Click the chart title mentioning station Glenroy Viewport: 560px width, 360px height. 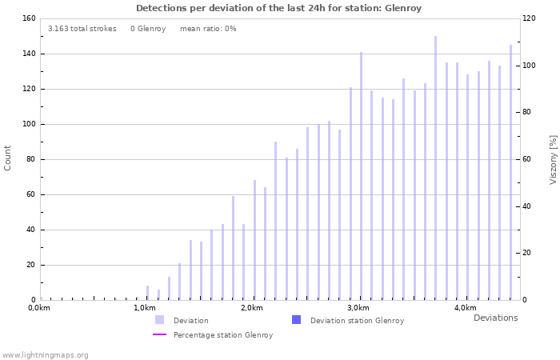pyautogui.click(x=278, y=8)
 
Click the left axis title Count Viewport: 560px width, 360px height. pyautogui.click(x=8, y=158)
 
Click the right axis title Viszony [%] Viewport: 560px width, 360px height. pyautogui.click(x=552, y=159)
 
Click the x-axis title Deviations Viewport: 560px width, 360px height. pyautogui.click(x=495, y=318)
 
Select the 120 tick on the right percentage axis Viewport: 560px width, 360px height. pyautogui.click(x=529, y=18)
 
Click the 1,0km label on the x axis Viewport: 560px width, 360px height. pyautogui.click(x=145, y=308)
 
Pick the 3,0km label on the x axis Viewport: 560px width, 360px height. pyautogui.click(x=358, y=308)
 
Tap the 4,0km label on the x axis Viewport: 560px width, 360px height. pyautogui.click(x=465, y=308)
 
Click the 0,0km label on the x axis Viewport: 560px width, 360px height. pyautogui.click(x=39, y=308)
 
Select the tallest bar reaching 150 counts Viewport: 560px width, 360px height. pyautogui.click(x=436, y=168)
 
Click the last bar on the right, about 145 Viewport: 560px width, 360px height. pyautogui.click(x=510, y=172)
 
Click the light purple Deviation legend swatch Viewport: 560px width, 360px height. pyautogui.click(x=160, y=320)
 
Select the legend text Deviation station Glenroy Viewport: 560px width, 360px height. pyautogui.click(x=357, y=320)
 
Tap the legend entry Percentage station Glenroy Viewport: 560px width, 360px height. pyautogui.click(x=223, y=335)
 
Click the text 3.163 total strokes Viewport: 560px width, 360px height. pyautogui.click(x=82, y=29)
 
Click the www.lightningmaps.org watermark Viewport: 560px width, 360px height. pyautogui.click(x=46, y=354)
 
